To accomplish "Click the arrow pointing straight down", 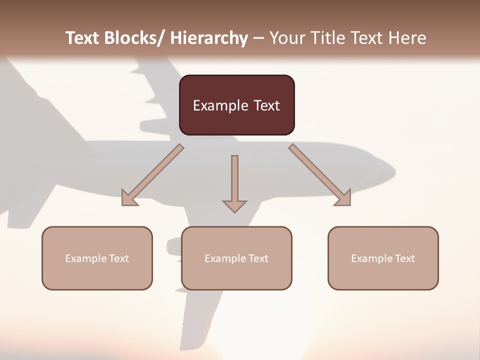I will (234, 182).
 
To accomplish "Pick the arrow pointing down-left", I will (152, 175).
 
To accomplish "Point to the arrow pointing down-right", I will (320, 175).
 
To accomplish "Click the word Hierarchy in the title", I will (209, 38).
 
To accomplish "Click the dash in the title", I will (258, 38).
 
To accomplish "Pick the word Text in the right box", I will (405, 258).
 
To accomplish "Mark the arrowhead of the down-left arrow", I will (128, 198).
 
